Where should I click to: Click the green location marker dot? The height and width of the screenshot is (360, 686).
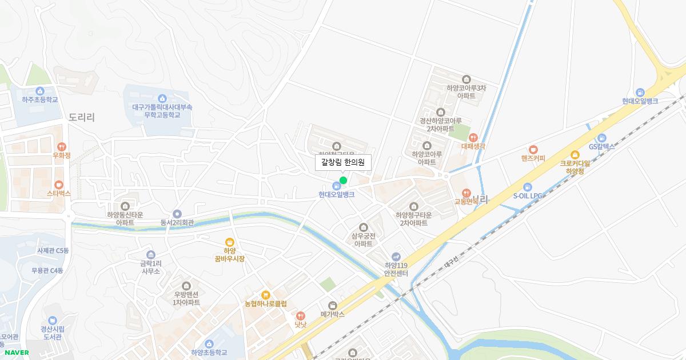click(x=343, y=181)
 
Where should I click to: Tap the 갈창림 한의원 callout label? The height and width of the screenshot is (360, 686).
click(x=343, y=162)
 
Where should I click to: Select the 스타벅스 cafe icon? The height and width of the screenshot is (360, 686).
click(x=58, y=185)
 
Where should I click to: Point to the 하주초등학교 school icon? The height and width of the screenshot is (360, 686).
click(x=40, y=91)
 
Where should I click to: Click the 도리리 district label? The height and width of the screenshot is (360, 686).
click(x=82, y=117)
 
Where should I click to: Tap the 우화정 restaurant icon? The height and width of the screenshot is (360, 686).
click(x=61, y=147)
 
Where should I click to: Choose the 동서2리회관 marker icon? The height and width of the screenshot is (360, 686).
click(x=177, y=214)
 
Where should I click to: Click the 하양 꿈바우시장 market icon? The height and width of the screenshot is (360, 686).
click(x=230, y=242)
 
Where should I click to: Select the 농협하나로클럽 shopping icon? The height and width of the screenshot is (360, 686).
click(x=265, y=295)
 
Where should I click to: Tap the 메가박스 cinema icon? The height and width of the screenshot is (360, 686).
click(x=333, y=305)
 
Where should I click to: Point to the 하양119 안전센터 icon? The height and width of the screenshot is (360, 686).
click(x=396, y=257)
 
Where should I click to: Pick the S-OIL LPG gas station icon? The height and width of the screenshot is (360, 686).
click(x=527, y=187)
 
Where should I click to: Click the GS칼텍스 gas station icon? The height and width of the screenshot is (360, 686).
click(x=601, y=138)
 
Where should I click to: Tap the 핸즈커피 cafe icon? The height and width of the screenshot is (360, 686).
click(x=533, y=149)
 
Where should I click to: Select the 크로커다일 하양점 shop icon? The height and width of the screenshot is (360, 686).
click(x=575, y=154)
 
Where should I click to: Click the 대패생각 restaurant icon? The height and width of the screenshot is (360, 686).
click(x=473, y=137)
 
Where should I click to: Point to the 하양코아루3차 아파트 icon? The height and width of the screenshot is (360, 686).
click(x=466, y=79)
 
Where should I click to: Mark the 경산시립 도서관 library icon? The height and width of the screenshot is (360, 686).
click(x=52, y=320)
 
